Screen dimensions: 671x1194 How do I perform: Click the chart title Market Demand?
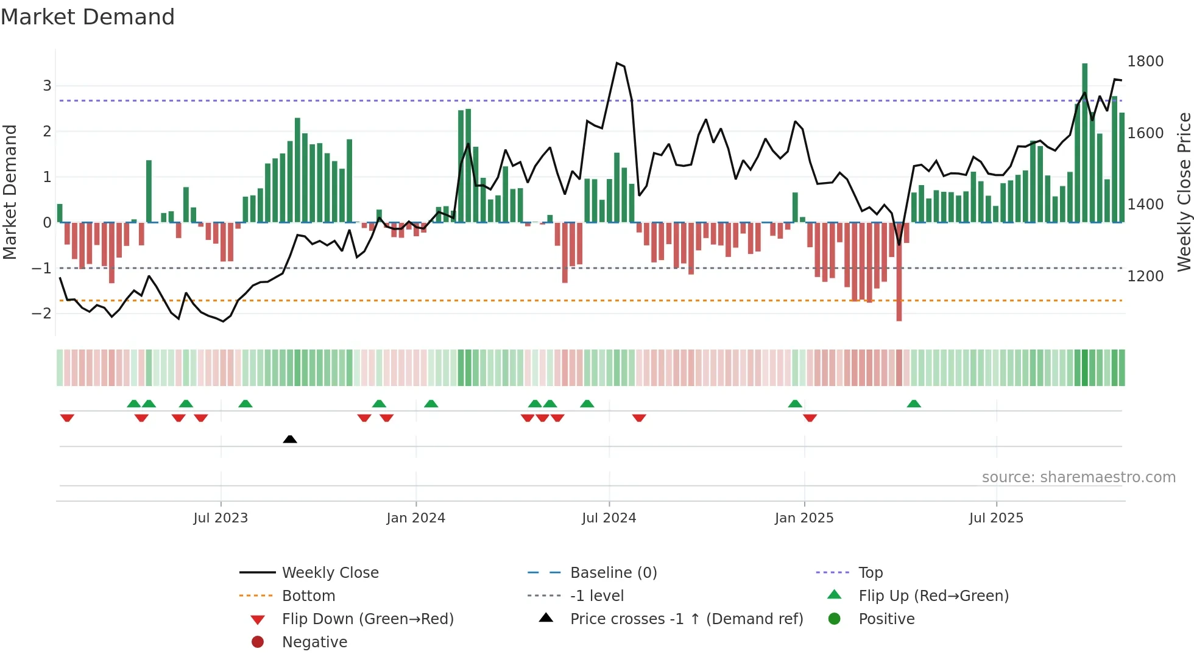pos(88,17)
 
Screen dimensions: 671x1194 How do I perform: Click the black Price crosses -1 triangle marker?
pos(290,439)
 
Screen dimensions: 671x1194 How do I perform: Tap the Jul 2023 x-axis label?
pos(221,518)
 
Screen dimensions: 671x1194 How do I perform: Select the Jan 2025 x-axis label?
pos(804,518)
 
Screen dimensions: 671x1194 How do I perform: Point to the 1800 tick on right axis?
pos(1145,61)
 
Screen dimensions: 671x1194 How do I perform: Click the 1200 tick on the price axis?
pos(1145,276)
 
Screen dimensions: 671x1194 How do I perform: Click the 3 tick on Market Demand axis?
pos(47,86)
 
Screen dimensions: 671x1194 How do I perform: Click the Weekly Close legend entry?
pos(330,573)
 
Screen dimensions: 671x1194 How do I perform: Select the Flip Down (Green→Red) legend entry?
pos(367,619)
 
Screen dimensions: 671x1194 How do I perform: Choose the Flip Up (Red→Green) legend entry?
pos(933,596)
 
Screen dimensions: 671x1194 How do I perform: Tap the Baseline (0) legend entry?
pos(613,573)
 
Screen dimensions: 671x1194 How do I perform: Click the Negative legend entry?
pos(314,642)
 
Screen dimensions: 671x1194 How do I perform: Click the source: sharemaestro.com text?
pos(1078,477)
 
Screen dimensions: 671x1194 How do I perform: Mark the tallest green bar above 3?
pos(1084,140)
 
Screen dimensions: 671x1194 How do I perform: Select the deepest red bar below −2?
pos(899,274)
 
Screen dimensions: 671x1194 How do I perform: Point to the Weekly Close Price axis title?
pos(1184,192)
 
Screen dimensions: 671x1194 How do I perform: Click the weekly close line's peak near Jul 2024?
pos(616,63)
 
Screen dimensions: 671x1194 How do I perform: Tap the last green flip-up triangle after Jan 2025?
pos(914,404)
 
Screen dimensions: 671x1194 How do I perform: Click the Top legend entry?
pos(870,573)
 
